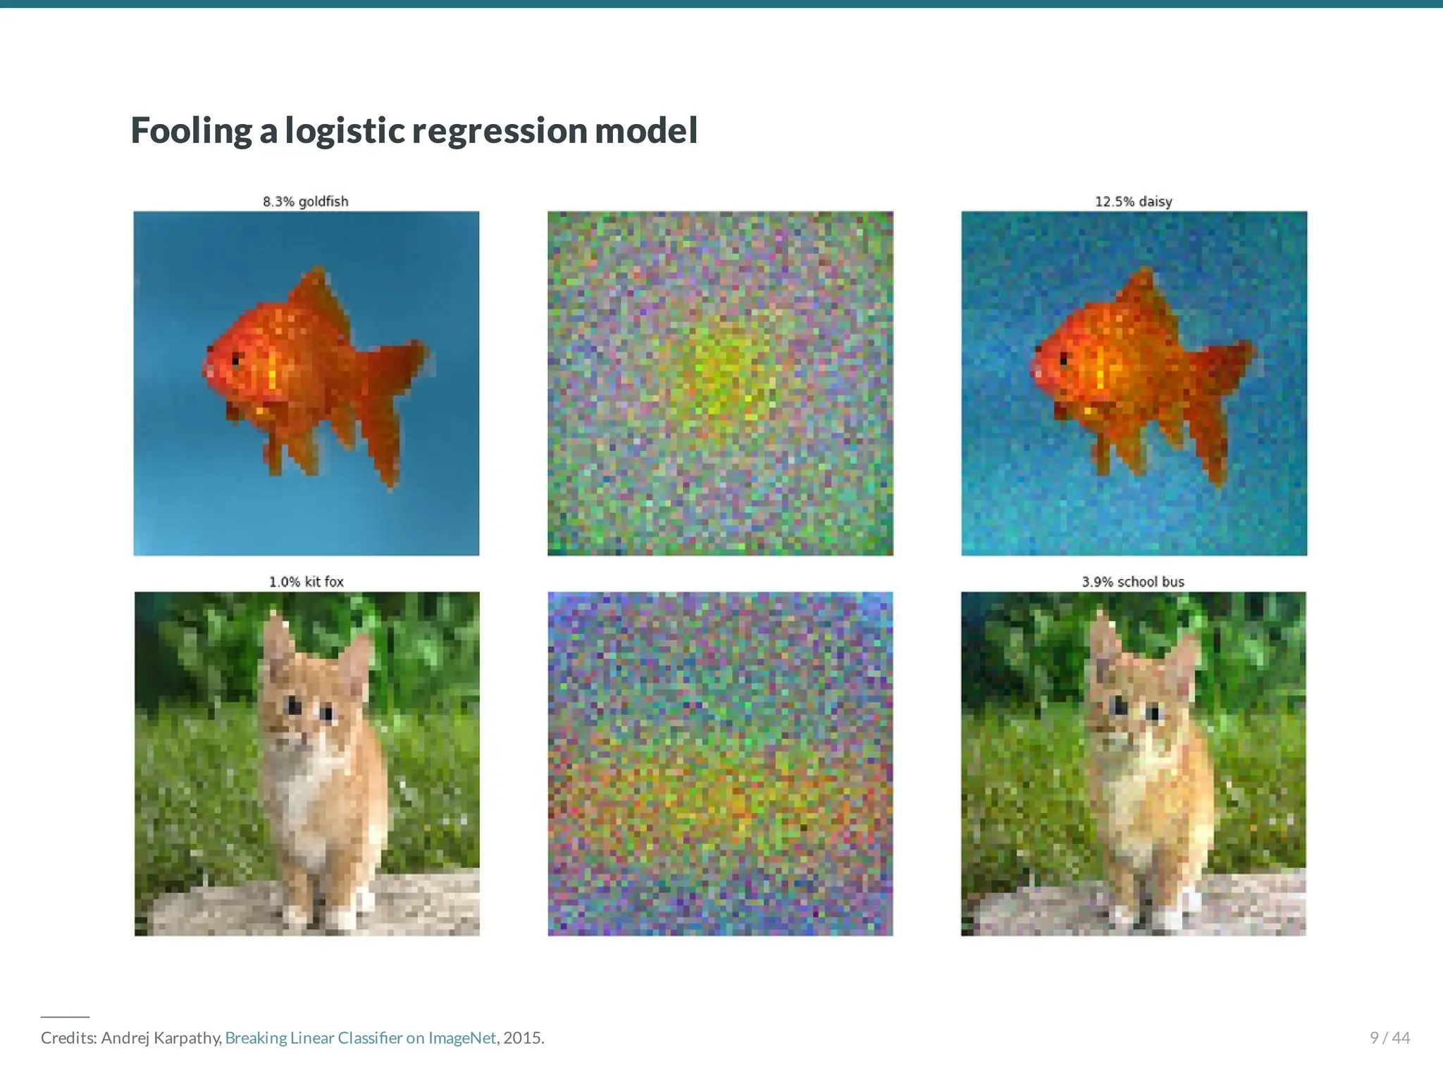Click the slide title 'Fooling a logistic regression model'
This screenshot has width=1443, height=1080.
click(x=414, y=131)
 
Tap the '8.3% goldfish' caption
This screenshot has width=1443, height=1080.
click(x=306, y=201)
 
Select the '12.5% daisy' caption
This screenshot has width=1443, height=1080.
click(x=1133, y=201)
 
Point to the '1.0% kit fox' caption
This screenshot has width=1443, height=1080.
click(x=306, y=582)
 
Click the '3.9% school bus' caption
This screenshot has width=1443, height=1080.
click(x=1133, y=582)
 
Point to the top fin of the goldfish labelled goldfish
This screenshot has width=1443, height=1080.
click(x=321, y=289)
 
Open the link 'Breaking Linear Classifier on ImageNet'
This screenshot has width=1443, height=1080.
click(x=360, y=1038)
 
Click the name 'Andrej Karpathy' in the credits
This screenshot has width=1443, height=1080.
click(x=161, y=1038)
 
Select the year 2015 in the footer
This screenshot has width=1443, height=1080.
click(x=523, y=1038)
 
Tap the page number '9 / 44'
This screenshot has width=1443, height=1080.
click(x=1389, y=1038)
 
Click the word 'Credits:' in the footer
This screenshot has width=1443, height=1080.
click(x=68, y=1038)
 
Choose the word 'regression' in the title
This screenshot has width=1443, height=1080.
click(x=499, y=131)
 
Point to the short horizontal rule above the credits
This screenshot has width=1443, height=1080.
click(x=65, y=1017)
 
